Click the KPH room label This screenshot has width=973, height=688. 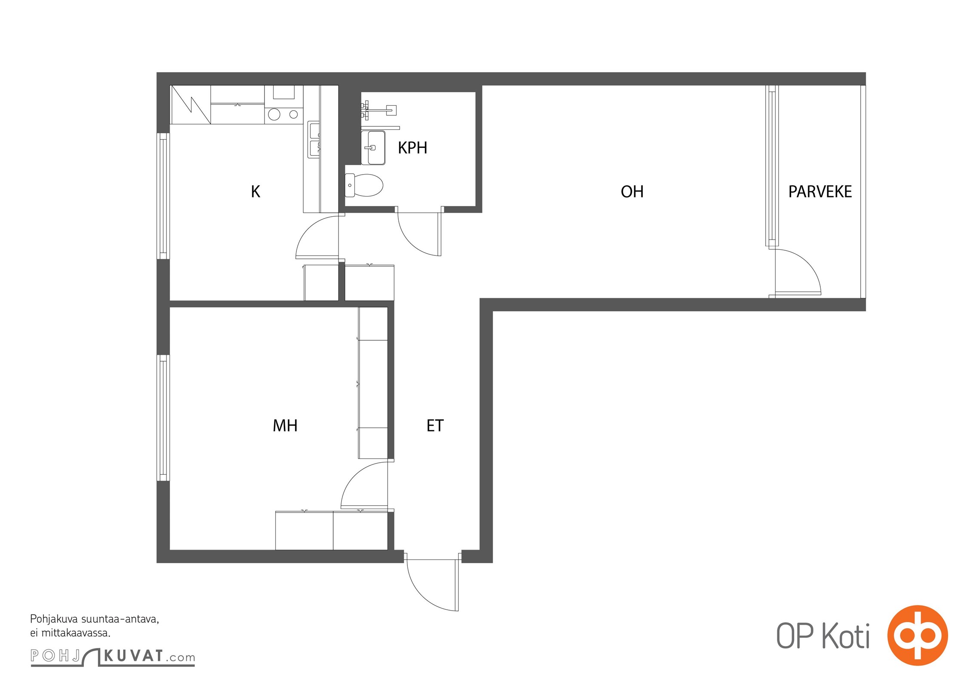coord(412,147)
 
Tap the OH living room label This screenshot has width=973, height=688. coord(632,191)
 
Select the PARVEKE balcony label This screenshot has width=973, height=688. coord(820,191)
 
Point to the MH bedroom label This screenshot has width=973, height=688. coord(285,425)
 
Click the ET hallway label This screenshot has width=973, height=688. coord(435,425)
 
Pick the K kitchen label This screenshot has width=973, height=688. coord(256,191)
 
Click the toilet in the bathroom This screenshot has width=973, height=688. coord(363,185)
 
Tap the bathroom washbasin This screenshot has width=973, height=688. coord(373,148)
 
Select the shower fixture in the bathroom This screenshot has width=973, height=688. coord(379,110)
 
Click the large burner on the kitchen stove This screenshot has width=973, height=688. coord(274,114)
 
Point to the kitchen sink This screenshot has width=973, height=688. coord(314,139)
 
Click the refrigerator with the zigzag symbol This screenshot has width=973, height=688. coord(191,104)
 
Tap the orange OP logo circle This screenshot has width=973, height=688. coord(918,635)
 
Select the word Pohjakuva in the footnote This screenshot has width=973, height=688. coord(54,620)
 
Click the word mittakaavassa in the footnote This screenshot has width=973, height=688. coord(76,633)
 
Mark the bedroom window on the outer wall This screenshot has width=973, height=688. coord(163,418)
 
